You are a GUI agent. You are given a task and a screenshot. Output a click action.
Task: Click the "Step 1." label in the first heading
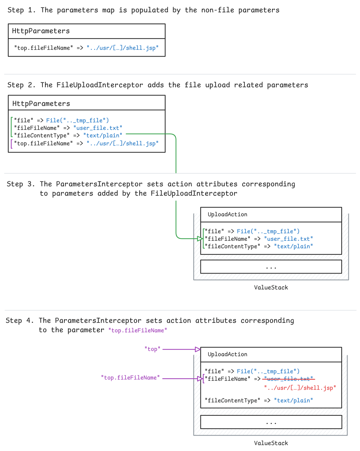(x=22, y=10)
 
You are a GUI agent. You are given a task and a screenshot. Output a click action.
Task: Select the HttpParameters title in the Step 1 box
(x=41, y=31)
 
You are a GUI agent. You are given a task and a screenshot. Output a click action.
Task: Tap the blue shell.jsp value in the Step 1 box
(x=122, y=48)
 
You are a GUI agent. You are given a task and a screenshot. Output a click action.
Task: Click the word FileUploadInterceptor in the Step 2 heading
(x=100, y=85)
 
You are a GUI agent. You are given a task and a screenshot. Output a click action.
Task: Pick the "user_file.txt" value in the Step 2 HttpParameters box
(x=98, y=128)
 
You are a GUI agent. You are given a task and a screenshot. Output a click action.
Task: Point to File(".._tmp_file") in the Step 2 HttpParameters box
(x=77, y=120)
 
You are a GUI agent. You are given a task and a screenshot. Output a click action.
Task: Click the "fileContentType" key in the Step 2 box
(x=42, y=135)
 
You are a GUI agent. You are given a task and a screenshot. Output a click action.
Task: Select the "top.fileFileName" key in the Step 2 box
(x=44, y=143)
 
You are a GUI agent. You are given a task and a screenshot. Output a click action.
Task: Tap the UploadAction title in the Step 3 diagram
(x=228, y=215)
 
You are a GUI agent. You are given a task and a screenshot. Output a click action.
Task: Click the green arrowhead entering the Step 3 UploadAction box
(x=200, y=239)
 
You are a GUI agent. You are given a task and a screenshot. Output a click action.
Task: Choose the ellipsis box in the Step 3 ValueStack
(x=271, y=267)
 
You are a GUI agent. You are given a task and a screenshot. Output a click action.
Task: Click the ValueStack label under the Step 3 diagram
(x=271, y=288)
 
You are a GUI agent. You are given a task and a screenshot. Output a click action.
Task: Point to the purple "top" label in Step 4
(x=152, y=349)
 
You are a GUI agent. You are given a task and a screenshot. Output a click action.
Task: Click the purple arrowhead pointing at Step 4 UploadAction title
(x=197, y=349)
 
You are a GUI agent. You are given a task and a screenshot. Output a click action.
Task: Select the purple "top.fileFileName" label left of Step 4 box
(x=130, y=378)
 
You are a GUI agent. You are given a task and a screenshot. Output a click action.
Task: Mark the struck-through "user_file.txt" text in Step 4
(x=288, y=379)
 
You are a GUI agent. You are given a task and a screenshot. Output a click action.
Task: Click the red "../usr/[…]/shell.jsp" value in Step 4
(x=300, y=388)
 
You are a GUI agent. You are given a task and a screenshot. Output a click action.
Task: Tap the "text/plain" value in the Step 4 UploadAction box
(x=293, y=400)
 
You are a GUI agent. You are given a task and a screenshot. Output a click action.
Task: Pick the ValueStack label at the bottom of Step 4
(x=271, y=443)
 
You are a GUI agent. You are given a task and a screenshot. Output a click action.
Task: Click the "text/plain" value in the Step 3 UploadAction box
(x=293, y=246)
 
